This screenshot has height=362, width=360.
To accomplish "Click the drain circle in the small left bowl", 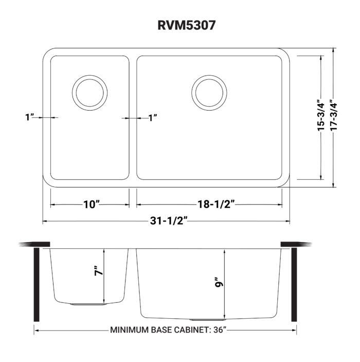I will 91,93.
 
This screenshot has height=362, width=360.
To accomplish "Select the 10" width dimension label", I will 91,204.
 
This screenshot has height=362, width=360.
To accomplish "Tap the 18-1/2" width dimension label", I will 211,204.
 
